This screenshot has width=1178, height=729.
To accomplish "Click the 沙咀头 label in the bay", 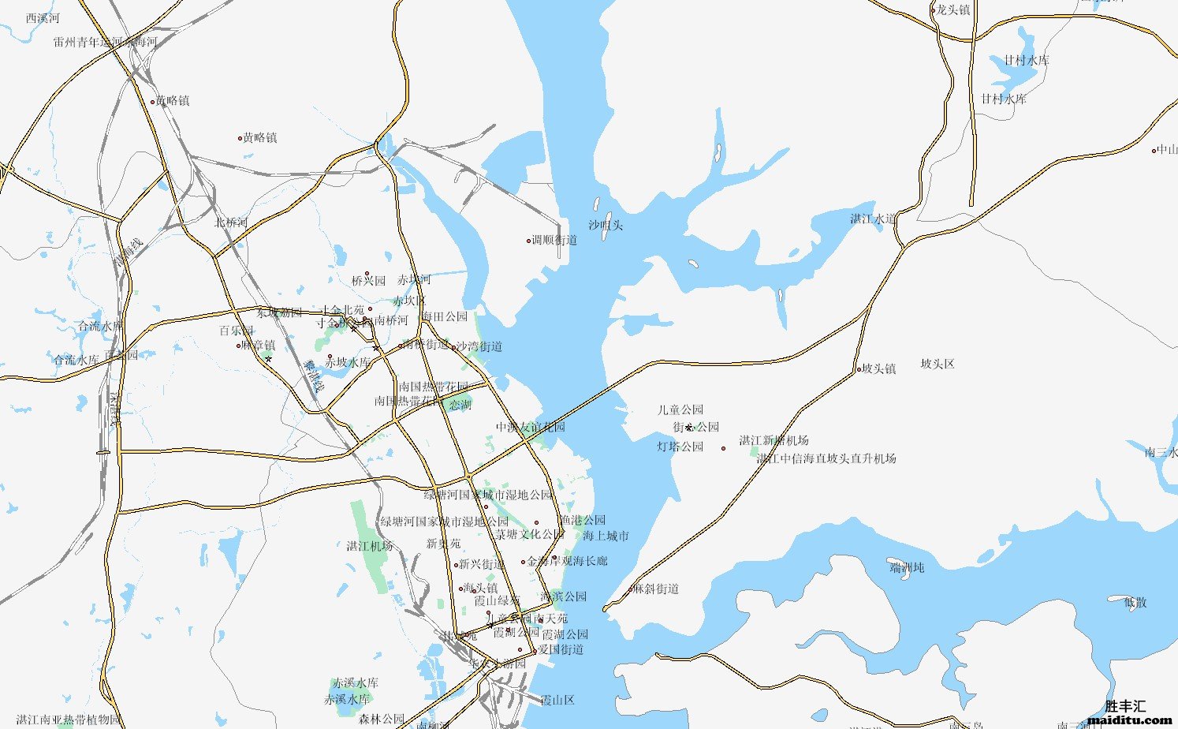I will pos(606,225).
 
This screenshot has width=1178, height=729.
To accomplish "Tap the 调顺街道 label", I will pos(554,240).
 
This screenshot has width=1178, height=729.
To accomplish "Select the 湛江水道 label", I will pos(873,219).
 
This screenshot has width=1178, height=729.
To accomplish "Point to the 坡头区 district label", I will pos(938,364).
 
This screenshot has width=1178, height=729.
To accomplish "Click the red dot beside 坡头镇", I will pos(859,369).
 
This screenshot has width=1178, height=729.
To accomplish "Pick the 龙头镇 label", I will pos(953,9).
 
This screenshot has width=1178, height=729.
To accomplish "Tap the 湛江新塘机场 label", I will pos(774,440).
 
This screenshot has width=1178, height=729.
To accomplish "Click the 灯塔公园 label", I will pos(680,447).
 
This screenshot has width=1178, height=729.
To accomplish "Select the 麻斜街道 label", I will pos(656,589).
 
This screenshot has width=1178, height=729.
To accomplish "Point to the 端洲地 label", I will pos(906,566).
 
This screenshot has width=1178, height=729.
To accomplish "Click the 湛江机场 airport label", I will pos(370,546).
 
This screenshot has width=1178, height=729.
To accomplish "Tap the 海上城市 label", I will pos(606,536).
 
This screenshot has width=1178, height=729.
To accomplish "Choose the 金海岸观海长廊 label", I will pos(568,561).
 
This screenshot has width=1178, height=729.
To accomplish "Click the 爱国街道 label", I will pos(561,649).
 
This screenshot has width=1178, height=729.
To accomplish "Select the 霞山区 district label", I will pos(557,700).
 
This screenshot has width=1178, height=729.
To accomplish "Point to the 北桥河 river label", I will pos(231,222).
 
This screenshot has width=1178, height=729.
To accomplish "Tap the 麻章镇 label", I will pos(259,345).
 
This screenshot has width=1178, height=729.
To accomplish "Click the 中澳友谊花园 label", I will pos(531,427).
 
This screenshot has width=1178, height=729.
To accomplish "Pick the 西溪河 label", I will pos(43,17).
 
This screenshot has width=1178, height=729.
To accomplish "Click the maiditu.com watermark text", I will pos(1129,720).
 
